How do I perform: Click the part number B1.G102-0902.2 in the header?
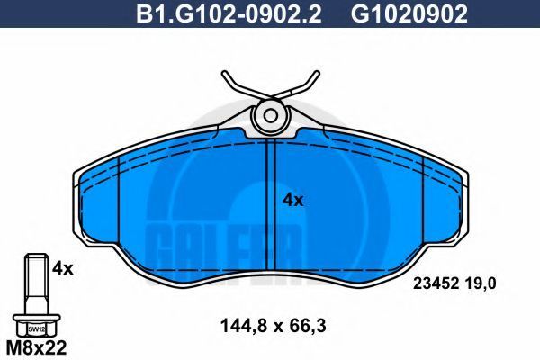pos(229,14)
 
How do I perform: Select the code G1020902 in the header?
pos(409,14)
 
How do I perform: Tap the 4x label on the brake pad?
pos(293,200)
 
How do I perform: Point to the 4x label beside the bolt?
pos(63,268)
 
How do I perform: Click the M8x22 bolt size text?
pos(37,348)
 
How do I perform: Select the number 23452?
pos(436,283)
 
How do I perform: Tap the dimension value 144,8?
pos(244,326)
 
